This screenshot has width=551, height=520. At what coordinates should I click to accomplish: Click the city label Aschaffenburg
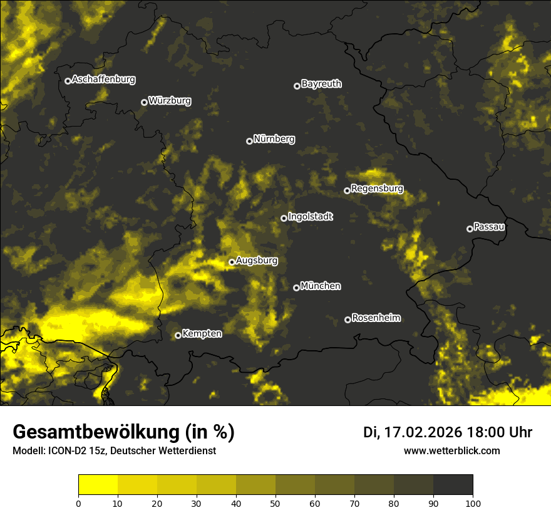pos(103,80)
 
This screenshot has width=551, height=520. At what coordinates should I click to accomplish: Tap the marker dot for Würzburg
pos(144,102)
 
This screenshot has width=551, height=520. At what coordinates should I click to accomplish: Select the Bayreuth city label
pos(321,83)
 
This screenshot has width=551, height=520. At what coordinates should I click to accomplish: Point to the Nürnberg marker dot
pos(249,141)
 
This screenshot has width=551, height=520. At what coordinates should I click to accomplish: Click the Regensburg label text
pos(377,188)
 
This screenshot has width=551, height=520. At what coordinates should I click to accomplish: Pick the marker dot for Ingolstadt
pos(284,218)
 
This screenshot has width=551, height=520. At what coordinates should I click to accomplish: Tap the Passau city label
pos(489,226)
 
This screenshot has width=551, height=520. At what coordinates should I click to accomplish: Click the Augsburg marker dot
pos(232,262)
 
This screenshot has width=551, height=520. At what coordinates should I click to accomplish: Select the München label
pos(321,286)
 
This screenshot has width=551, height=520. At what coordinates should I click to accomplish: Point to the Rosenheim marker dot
pos(348,320)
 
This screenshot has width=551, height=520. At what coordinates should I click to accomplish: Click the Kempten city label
pos(202,333)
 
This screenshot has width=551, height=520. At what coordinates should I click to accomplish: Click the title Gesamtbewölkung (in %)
pos(123,432)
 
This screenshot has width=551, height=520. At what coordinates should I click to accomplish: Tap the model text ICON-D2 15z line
pos(114,451)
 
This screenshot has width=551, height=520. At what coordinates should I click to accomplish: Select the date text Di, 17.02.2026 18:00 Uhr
pos(448,432)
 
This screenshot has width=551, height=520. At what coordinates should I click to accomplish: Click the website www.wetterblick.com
pos(452,450)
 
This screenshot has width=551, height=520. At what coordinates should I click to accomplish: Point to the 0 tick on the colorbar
pos(78,502)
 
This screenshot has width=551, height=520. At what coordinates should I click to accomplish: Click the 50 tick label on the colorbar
pos(275,502)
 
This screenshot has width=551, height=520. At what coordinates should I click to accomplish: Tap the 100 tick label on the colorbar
pos(473,502)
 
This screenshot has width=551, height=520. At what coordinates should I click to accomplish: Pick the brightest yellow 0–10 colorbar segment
pos(98,485)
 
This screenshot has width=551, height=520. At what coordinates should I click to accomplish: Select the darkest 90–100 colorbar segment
pos(453,485)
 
